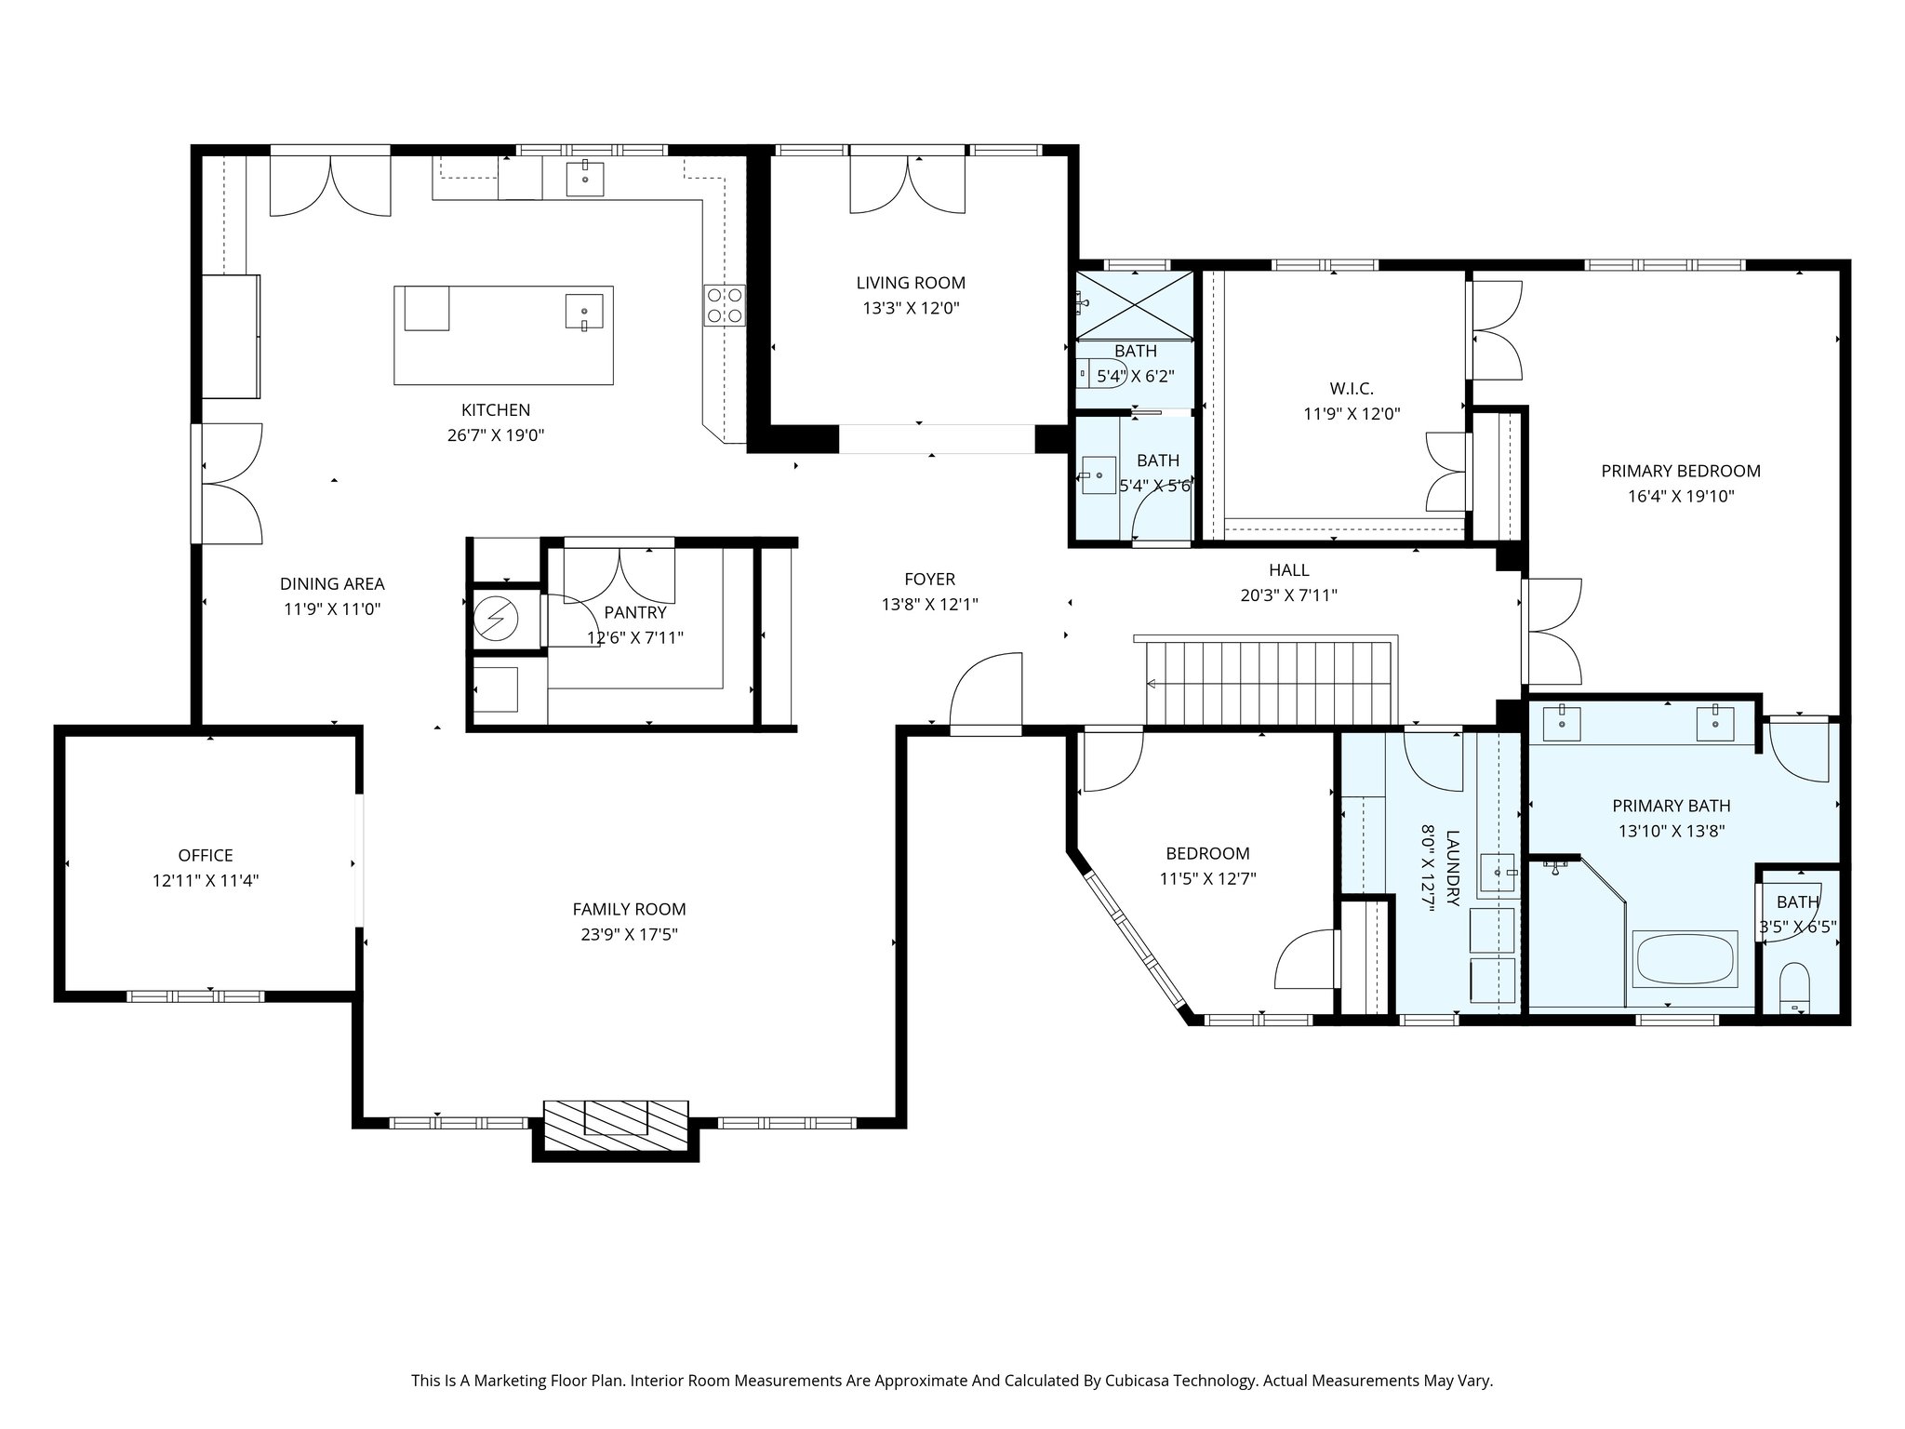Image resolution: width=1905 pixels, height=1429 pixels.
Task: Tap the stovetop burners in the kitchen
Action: (x=725, y=304)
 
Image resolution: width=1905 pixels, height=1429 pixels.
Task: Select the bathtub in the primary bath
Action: (x=1685, y=958)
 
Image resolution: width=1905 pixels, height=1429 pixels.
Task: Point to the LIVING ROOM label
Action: (x=911, y=283)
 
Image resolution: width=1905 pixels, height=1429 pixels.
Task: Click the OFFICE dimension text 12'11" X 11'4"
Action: (x=206, y=880)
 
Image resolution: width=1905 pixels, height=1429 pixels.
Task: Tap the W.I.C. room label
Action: (x=1352, y=389)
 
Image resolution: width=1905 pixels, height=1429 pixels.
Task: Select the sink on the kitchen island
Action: (x=584, y=312)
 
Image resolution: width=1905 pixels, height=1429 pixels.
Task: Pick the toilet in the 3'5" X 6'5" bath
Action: (x=1793, y=988)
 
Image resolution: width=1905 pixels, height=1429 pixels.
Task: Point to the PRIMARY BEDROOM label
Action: (x=1681, y=471)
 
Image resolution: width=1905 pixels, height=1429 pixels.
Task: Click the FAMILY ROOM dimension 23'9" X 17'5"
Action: (x=629, y=934)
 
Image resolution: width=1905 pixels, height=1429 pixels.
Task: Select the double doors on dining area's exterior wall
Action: (x=228, y=483)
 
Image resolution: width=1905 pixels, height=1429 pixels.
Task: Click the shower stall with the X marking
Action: (x=1136, y=302)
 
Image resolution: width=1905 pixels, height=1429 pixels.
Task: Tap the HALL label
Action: (x=1288, y=570)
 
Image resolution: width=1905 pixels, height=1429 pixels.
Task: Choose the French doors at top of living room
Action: (x=908, y=182)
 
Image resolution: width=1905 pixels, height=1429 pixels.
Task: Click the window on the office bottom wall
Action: (x=195, y=996)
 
